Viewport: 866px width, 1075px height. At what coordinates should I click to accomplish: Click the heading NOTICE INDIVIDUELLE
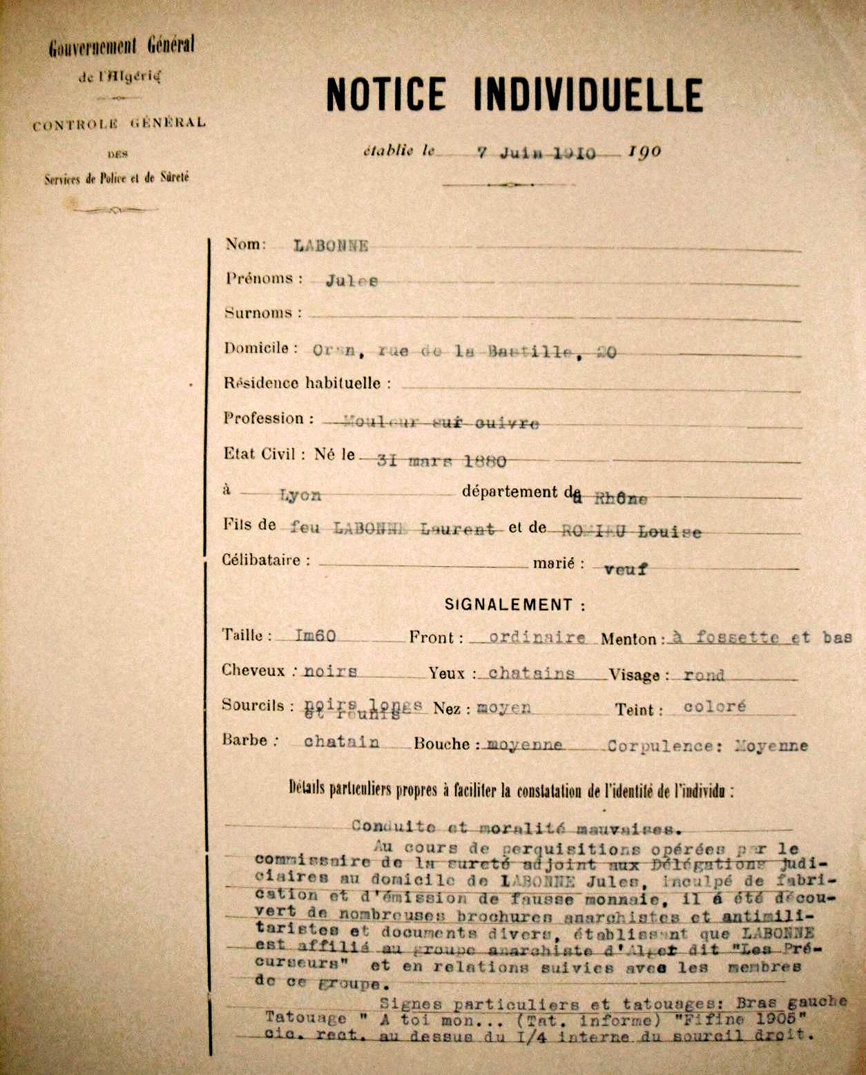tap(514, 95)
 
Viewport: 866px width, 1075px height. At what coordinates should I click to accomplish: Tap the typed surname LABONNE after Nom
tap(331, 246)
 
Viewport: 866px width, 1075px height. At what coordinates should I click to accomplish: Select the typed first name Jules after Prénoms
tap(352, 281)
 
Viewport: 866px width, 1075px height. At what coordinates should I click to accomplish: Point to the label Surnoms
tap(262, 313)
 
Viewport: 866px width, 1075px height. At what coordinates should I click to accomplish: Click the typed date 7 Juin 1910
tap(537, 153)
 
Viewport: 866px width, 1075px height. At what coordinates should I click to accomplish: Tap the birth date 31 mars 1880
tap(441, 461)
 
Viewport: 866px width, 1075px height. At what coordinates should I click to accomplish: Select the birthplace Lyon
tap(300, 495)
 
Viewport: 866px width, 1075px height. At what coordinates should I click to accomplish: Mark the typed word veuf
tap(625, 570)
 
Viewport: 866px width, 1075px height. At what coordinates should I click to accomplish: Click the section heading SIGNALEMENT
tap(514, 605)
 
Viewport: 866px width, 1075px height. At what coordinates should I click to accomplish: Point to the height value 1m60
tap(315, 635)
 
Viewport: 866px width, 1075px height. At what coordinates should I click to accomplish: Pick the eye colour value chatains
tap(531, 673)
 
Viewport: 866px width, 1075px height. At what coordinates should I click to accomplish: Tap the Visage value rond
tap(704, 675)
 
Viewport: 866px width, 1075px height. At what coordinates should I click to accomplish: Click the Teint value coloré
tap(715, 707)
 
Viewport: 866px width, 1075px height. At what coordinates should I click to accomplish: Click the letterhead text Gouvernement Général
tap(122, 47)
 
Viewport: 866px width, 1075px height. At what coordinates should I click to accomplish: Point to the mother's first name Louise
tap(669, 532)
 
